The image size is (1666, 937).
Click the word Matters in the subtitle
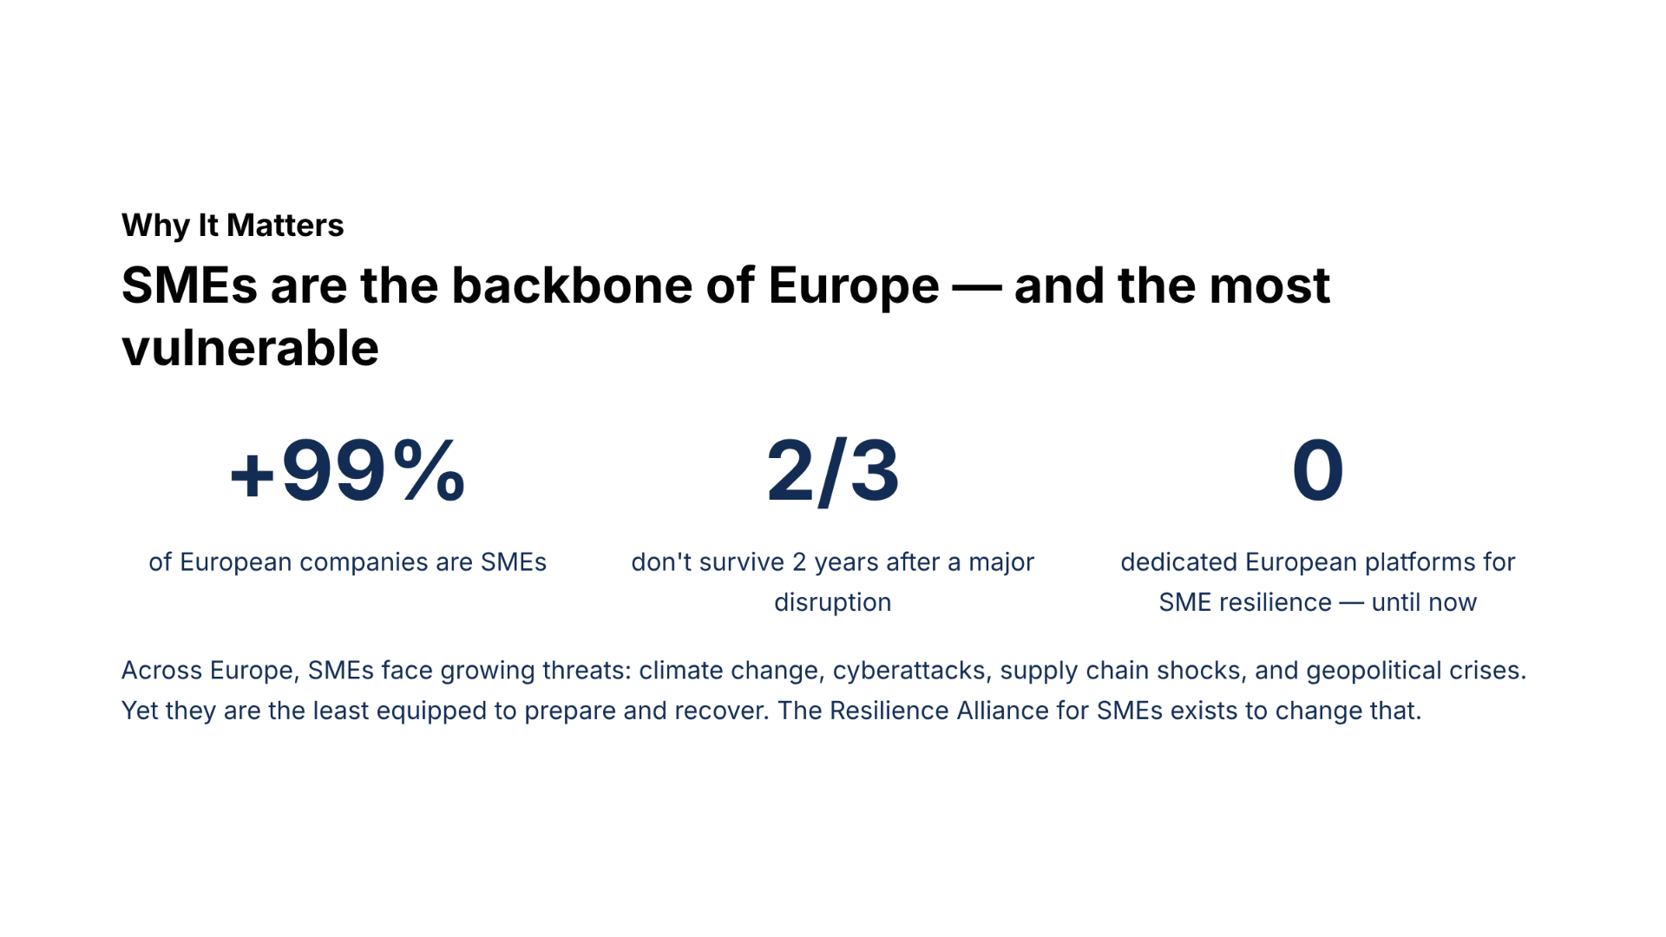tap(285, 226)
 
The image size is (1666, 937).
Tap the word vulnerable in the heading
tap(250, 348)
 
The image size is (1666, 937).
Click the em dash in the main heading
tap(977, 287)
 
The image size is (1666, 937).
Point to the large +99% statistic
tap(348, 471)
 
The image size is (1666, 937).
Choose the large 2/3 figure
tap(833, 471)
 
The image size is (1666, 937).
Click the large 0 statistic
tap(1318, 470)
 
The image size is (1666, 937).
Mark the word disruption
tap(833, 603)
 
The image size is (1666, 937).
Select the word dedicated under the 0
tap(1179, 562)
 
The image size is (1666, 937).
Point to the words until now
tap(1424, 602)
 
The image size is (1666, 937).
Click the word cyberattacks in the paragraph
tap(909, 671)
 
